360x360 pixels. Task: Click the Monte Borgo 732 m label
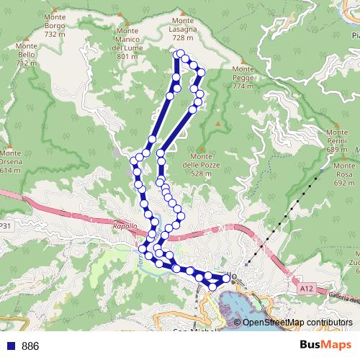point(55,26)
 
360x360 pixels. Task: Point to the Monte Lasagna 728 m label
point(184,29)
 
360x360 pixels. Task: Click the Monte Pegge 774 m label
point(243,78)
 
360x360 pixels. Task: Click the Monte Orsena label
point(10,162)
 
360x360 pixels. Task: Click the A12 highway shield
point(305,289)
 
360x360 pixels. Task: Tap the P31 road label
point(5,226)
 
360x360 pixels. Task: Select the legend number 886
point(30,346)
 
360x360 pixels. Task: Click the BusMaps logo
point(320,345)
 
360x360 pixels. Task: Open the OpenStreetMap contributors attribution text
point(297,322)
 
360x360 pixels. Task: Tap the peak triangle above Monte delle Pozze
point(202,150)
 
